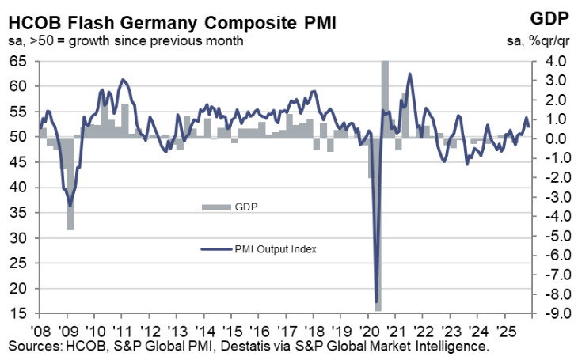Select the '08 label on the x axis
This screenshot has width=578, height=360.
pyautogui.click(x=42, y=329)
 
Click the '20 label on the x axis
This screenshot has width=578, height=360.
pyautogui.click(x=368, y=329)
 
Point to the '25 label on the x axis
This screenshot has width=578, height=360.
pyautogui.click(x=504, y=329)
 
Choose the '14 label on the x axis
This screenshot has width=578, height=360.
pyautogui.click(x=205, y=329)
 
